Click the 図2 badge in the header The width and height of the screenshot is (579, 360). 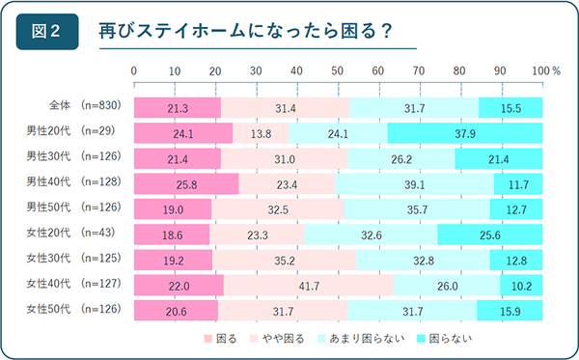pos(47,30)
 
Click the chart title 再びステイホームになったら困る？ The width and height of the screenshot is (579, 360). pos(245,31)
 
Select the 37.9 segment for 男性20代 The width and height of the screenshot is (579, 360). pos(464,133)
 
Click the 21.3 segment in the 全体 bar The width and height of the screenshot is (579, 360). pos(177,107)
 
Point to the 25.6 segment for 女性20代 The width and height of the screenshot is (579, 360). pos(490,235)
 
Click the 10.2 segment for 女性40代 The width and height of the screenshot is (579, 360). pos(521,285)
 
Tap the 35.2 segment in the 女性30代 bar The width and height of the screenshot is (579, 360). pos(284,260)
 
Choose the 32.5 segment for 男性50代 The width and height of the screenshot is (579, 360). pos(277,208)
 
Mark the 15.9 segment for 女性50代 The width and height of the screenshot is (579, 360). pos(510,310)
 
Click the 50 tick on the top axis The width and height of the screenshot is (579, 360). pos(338,70)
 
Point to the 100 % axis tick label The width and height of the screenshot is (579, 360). pos(545,70)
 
